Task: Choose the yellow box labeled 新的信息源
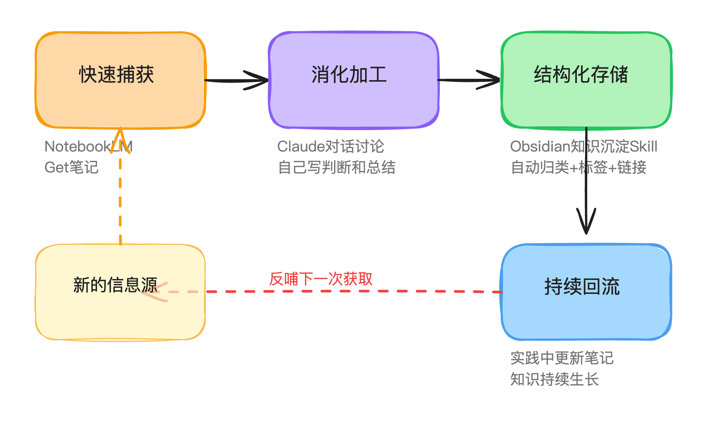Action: coord(120,316)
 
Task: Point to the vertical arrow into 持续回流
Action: coord(586,190)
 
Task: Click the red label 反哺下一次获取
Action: coord(320,279)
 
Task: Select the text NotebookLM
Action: coord(88,147)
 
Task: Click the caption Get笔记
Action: coord(72,167)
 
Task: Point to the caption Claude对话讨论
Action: coord(330,147)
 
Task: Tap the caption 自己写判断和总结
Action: coord(336,167)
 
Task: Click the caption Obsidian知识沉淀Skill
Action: coord(583,147)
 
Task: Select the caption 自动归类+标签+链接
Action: coord(578,167)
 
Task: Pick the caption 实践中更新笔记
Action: coord(562,358)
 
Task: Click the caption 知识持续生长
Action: coord(554,379)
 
